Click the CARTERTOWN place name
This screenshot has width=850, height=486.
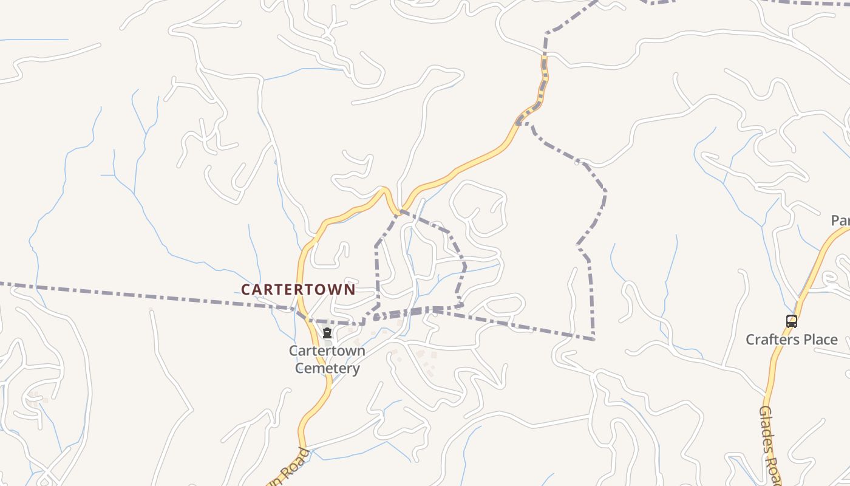pyautogui.click(x=297, y=290)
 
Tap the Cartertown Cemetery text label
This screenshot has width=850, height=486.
pyautogui.click(x=327, y=359)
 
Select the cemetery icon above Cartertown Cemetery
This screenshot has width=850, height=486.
pyautogui.click(x=327, y=334)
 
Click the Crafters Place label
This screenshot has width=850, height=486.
pyautogui.click(x=791, y=340)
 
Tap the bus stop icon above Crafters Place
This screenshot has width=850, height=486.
pyautogui.click(x=791, y=321)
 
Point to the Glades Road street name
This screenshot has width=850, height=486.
pyautogui.click(x=769, y=443)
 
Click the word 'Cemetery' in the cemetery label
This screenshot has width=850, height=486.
pyautogui.click(x=327, y=368)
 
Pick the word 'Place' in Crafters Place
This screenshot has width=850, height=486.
pyautogui.click(x=820, y=340)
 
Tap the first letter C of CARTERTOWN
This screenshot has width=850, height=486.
pyautogui.click(x=246, y=290)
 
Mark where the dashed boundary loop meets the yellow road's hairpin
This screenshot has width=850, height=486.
pyautogui.click(x=400, y=211)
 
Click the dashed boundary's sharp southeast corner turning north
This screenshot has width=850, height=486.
pyautogui.click(x=593, y=338)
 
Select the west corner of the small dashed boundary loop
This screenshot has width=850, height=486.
pyautogui.click(x=376, y=246)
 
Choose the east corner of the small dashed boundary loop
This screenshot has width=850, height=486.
pyautogui.click(x=465, y=265)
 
